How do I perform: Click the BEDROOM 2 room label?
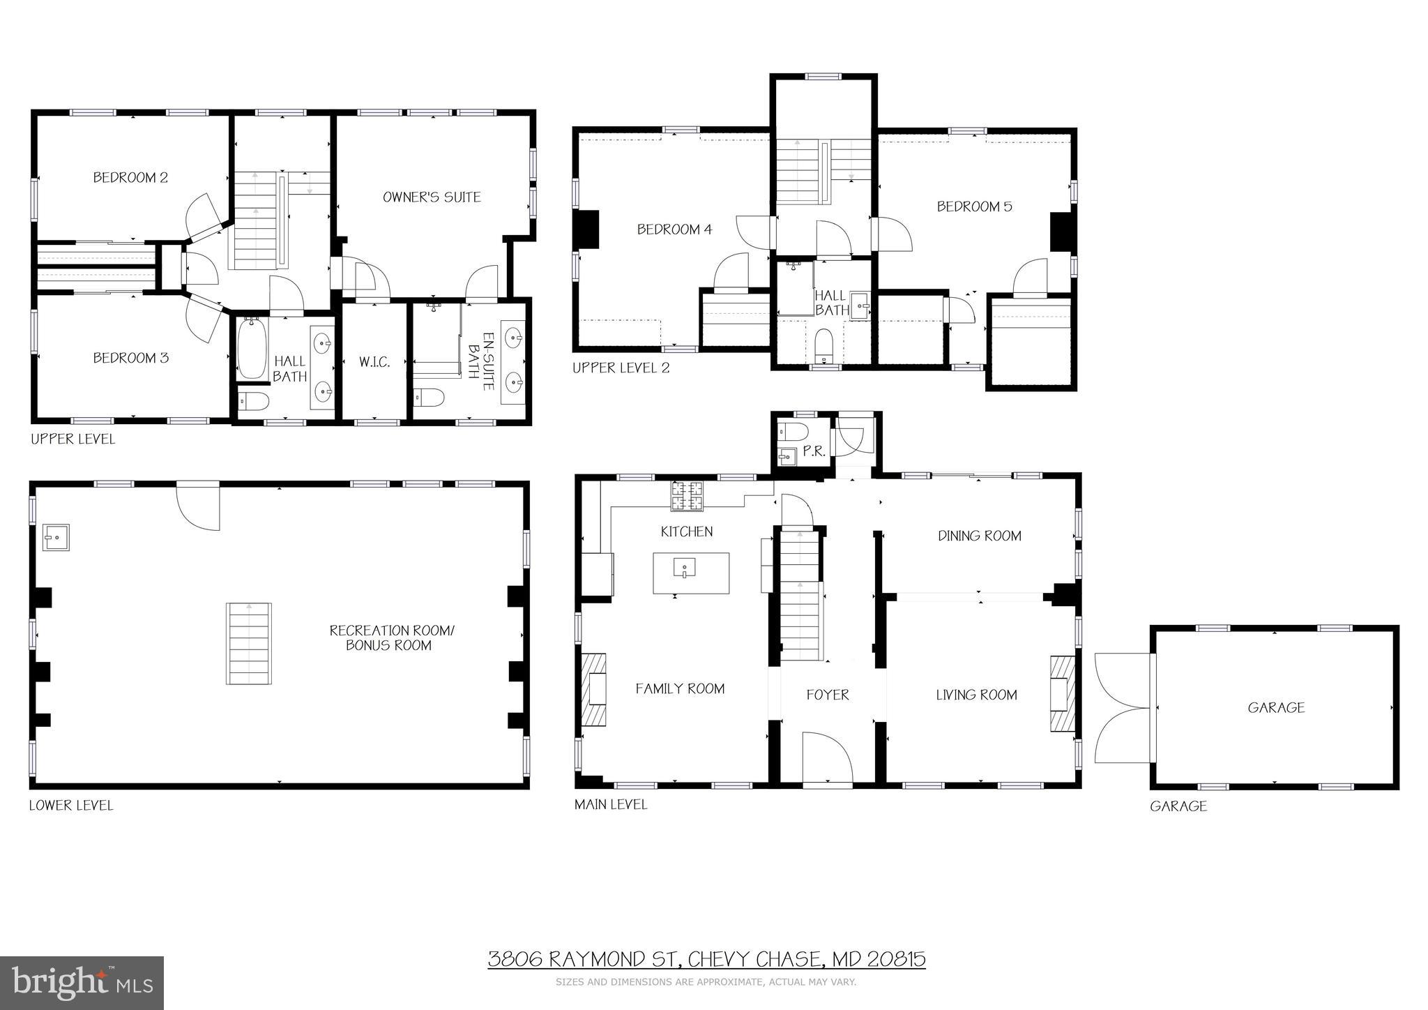[130, 178]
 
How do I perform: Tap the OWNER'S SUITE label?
[432, 197]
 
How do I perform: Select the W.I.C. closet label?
[374, 362]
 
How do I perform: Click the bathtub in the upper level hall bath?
[251, 349]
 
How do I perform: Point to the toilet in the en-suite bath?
[429, 398]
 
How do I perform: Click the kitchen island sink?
[684, 568]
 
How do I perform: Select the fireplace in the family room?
[594, 689]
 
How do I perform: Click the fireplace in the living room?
[1062, 694]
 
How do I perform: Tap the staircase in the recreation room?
[248, 644]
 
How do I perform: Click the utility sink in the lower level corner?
[56, 537]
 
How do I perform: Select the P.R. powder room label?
[814, 451]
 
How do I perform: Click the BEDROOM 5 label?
[974, 206]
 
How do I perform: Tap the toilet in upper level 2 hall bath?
[824, 345]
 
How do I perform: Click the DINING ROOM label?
[979, 536]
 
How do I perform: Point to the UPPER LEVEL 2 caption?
[621, 368]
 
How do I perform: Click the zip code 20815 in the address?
[896, 960]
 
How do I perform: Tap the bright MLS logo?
[82, 983]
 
